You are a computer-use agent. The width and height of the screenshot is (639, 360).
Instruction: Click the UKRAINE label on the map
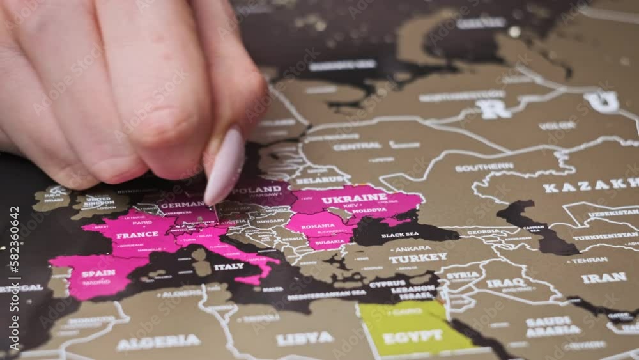point(354,198)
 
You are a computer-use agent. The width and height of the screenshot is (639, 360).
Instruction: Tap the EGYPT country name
point(413,336)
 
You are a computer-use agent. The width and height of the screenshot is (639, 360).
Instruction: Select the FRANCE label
point(137,235)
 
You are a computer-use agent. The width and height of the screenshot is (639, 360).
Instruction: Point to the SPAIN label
point(98,273)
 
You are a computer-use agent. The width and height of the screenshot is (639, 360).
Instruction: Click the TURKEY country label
point(418,258)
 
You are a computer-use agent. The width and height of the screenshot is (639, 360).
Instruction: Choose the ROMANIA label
point(318,226)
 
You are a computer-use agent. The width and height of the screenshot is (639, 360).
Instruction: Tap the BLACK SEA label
point(400,235)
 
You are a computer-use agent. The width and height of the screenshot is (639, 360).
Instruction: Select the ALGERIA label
point(158,341)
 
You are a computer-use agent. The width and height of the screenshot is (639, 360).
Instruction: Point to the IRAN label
point(604,278)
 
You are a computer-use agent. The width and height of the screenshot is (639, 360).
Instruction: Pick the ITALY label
point(229,266)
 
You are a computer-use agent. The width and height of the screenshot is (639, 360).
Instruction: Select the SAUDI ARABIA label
point(549,325)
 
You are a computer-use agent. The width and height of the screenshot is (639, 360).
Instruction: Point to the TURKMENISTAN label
point(604,236)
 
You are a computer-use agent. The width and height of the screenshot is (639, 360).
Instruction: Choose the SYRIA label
point(463,275)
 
